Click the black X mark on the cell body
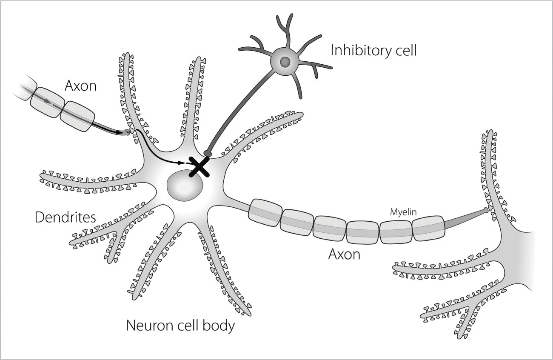(x=199, y=166)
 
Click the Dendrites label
(x=65, y=217)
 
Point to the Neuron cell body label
(x=180, y=326)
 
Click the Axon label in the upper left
(x=80, y=86)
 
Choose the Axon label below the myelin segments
(x=344, y=254)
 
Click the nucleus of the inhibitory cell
(x=285, y=62)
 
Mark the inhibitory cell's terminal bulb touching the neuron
(x=208, y=153)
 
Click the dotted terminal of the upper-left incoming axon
(x=127, y=133)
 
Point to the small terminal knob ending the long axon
(x=486, y=210)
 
